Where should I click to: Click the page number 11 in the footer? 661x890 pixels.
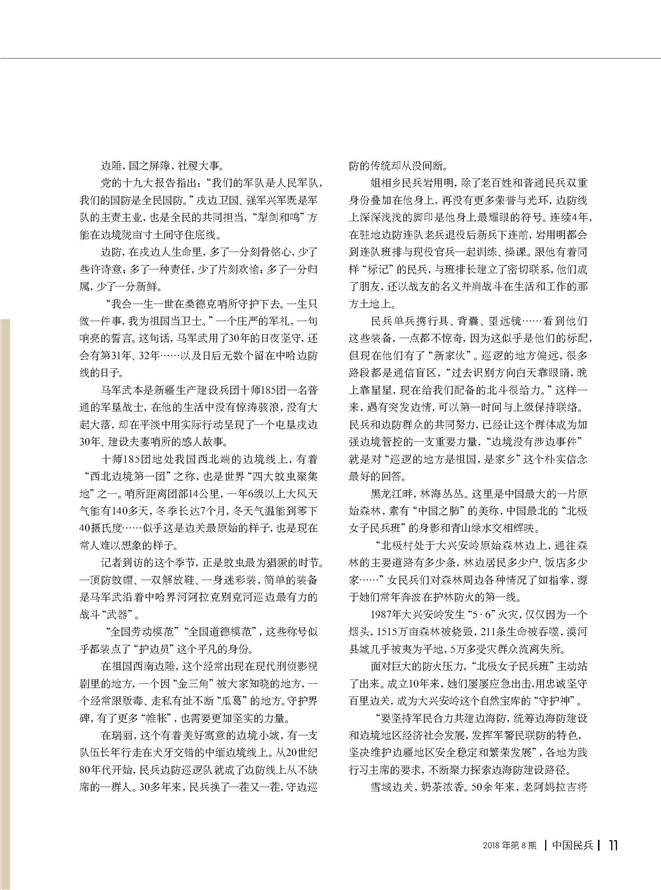[614, 870]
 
